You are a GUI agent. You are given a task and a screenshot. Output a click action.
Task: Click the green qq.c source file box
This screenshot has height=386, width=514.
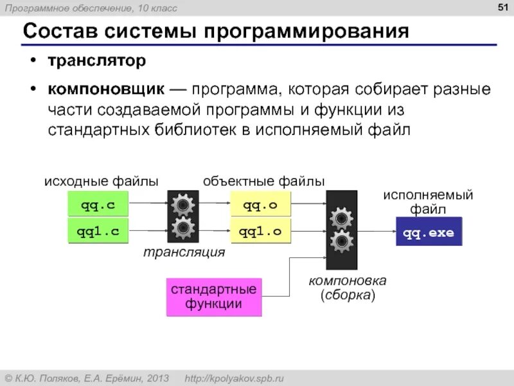pos(98,206)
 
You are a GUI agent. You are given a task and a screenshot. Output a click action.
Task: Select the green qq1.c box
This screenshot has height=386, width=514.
pos(98,232)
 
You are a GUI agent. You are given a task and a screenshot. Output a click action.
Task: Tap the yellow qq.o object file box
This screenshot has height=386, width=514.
pos(260,206)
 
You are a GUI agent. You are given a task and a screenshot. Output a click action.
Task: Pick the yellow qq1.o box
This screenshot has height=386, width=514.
pos(260,232)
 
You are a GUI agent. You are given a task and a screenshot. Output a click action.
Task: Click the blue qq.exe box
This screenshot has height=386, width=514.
pos(429,233)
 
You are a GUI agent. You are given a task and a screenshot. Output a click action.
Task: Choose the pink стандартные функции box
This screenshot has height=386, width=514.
pos(214,297)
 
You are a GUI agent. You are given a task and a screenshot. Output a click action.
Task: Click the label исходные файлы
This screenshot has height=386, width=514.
pos(101,181)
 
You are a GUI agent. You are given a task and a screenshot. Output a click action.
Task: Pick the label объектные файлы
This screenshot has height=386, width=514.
pos(263,181)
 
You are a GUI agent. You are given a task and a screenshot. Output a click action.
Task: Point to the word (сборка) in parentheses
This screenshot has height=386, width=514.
pos(348,295)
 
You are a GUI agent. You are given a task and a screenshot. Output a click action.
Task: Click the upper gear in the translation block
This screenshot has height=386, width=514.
pos(183,205)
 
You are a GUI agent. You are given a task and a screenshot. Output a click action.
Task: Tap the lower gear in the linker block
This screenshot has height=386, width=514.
pos(341,242)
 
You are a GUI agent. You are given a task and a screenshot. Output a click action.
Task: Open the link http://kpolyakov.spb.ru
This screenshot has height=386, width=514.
pos(235,378)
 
